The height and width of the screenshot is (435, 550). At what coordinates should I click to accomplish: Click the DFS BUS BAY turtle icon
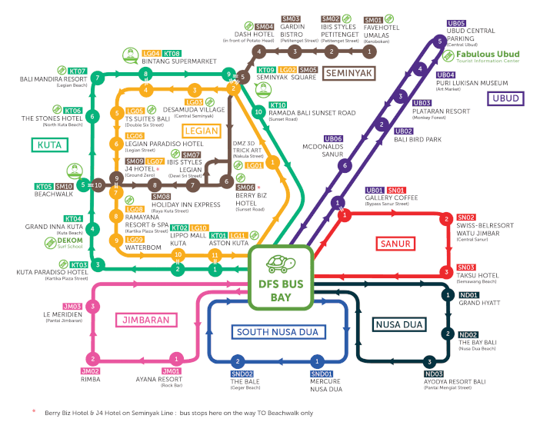point(280,264)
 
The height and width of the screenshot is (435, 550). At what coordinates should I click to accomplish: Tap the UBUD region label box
point(505,98)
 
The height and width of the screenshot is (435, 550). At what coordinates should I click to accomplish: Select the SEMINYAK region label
point(349,74)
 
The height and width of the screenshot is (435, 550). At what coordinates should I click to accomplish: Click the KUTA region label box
point(48,144)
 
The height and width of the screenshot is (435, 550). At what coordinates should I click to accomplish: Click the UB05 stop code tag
point(456,24)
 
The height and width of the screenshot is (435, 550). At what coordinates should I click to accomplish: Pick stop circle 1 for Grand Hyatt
point(447,295)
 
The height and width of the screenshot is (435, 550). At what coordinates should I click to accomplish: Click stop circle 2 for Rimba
point(93,359)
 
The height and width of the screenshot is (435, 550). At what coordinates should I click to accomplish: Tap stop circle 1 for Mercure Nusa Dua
point(316,361)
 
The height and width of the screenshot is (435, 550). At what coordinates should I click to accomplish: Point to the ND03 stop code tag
point(434,374)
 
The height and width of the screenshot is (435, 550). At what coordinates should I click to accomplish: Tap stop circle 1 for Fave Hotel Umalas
point(370,51)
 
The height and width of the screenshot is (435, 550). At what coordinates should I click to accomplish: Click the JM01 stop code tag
point(171,372)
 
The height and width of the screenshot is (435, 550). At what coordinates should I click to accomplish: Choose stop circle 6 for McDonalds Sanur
point(345,165)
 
